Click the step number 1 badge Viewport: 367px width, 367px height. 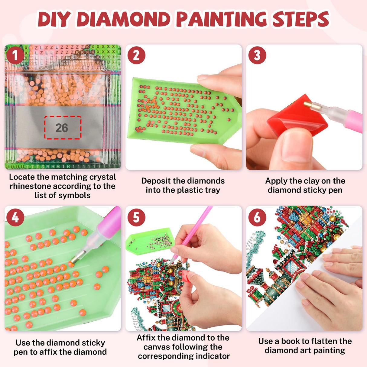(15, 56)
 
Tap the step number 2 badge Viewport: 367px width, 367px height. (136, 56)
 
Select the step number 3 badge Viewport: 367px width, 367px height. (257, 56)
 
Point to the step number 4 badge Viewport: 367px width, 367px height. (15, 217)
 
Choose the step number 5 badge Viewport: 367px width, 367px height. (136, 217)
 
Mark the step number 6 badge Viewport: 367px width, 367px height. (257, 217)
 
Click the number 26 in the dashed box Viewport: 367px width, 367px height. (62, 128)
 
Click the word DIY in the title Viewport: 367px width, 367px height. (54, 19)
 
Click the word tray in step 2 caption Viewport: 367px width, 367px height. (212, 190)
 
